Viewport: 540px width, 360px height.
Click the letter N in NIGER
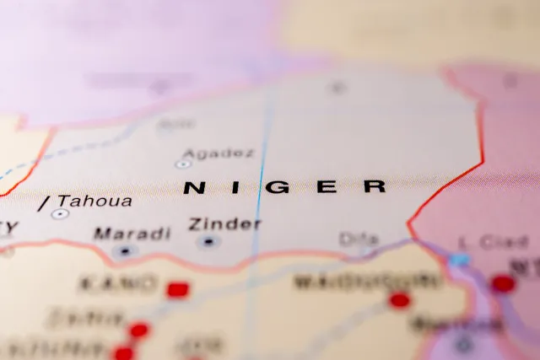click(193, 188)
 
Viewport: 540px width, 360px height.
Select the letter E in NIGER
click(327, 187)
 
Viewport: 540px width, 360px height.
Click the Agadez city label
click(218, 153)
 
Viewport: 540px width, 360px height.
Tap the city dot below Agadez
click(183, 164)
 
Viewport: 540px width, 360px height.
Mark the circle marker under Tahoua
click(59, 214)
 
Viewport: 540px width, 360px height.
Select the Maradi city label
click(131, 233)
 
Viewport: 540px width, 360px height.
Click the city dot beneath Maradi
click(125, 250)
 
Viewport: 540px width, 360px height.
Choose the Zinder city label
click(224, 224)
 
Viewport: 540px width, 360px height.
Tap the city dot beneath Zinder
click(208, 242)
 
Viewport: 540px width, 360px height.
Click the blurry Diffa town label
click(358, 239)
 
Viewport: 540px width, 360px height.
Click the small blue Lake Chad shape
click(458, 260)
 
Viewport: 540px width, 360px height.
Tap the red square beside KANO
click(176, 290)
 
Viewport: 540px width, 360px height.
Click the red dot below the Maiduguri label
click(399, 299)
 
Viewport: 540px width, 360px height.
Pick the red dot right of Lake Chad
click(503, 283)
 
